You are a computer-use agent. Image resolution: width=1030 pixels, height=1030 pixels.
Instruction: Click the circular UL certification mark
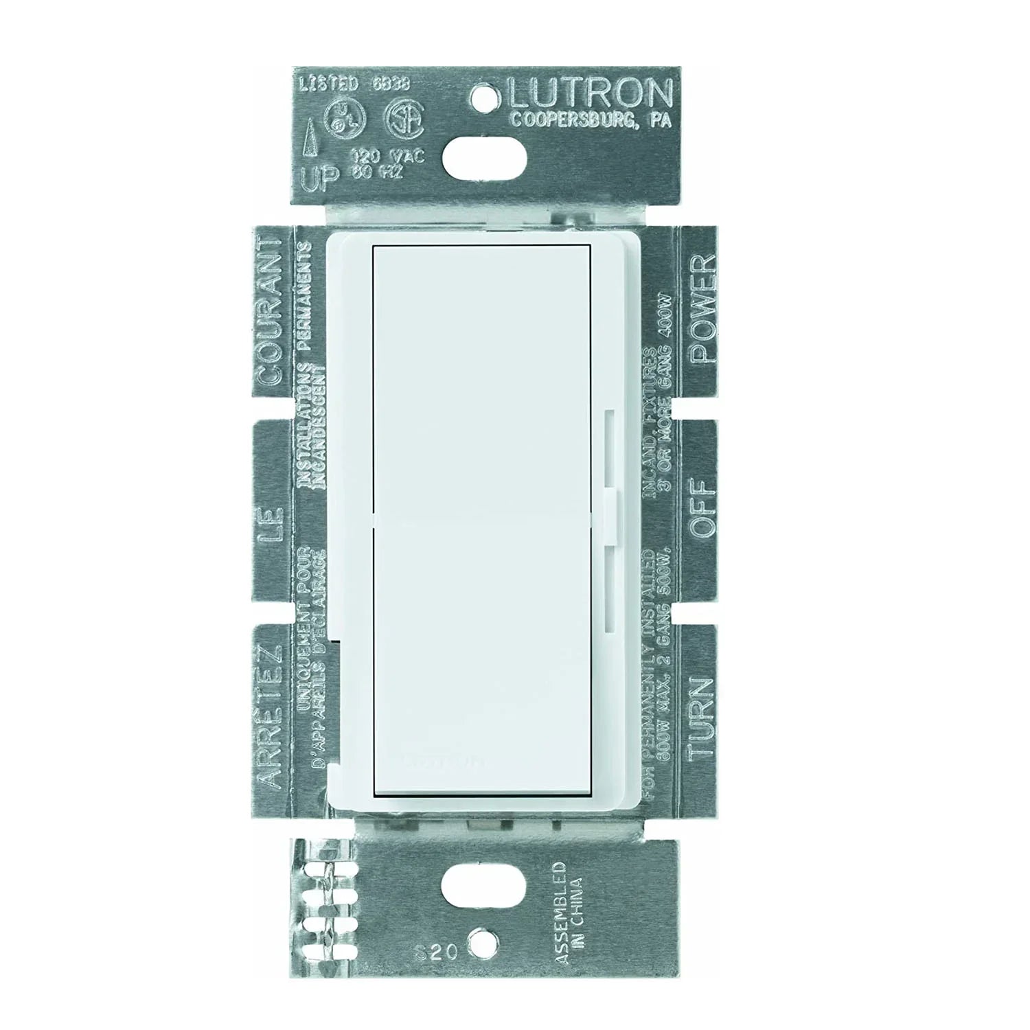pyautogui.click(x=340, y=119)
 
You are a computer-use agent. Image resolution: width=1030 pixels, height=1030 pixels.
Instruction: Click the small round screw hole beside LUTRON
pyautogui.click(x=488, y=90)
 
